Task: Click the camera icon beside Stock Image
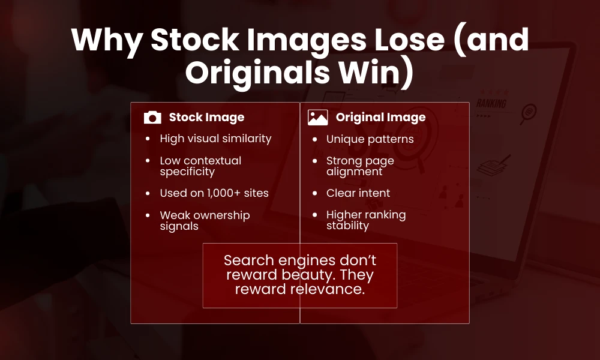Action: click(x=153, y=118)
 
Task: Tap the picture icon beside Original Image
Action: click(x=317, y=118)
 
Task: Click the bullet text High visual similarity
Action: click(x=215, y=139)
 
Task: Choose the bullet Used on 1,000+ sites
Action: click(x=214, y=193)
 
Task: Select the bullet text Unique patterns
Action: click(x=370, y=139)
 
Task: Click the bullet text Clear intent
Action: click(x=358, y=193)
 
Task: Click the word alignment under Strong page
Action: click(x=354, y=172)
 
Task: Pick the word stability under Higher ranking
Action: click(x=347, y=226)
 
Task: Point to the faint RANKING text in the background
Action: click(x=491, y=103)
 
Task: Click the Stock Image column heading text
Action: click(x=206, y=118)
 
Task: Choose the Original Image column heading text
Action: click(x=380, y=118)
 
